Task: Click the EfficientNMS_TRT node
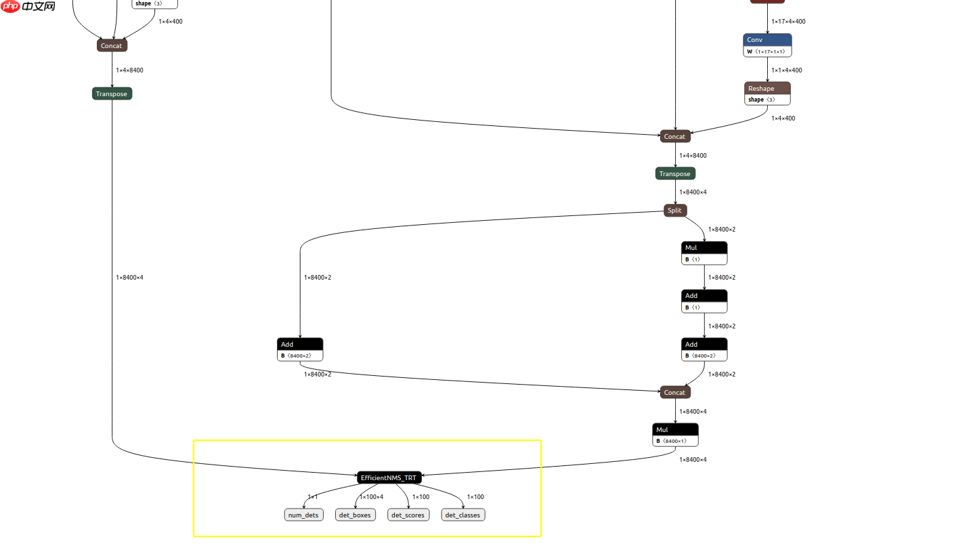[389, 477]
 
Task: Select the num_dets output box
[303, 515]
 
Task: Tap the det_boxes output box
[355, 515]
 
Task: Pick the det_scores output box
[408, 515]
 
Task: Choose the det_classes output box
[464, 515]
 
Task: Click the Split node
[675, 210]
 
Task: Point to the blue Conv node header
[767, 40]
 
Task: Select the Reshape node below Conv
[767, 89]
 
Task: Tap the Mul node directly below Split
[704, 248]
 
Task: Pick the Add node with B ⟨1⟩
[704, 296]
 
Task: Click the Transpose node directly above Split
[675, 173]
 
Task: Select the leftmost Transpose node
[112, 93]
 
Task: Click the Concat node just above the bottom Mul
[675, 392]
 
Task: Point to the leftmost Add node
[300, 345]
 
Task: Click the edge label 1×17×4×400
[788, 22]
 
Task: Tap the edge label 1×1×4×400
[787, 70]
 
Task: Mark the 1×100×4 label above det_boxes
[371, 497]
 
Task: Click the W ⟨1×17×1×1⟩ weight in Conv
[768, 51]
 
